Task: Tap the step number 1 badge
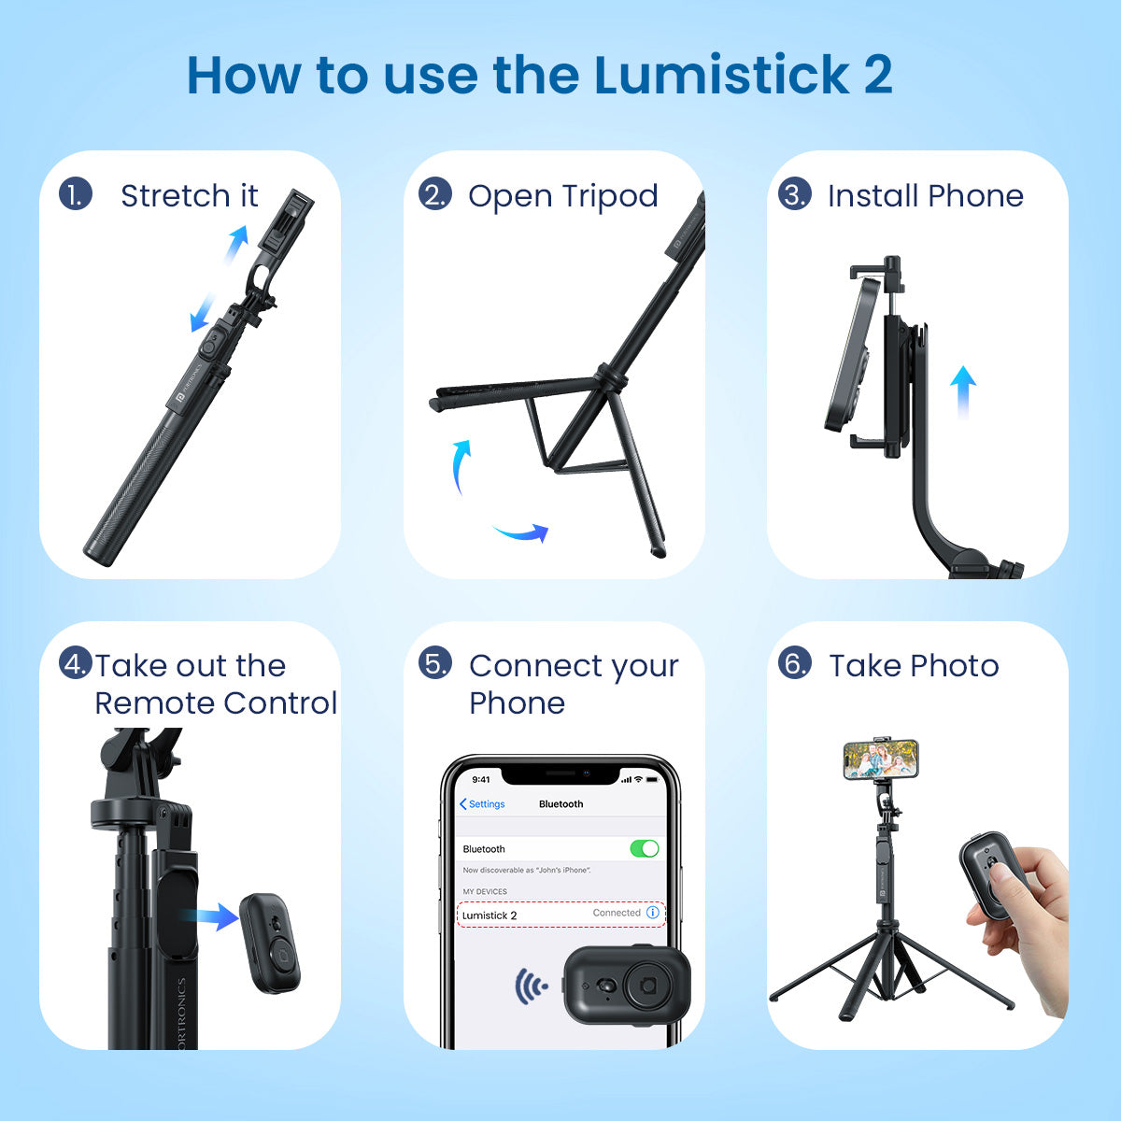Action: [75, 194]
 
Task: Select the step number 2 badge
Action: [434, 194]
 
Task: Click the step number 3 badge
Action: [794, 194]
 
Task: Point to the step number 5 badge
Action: [434, 663]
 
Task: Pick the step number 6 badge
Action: [794, 663]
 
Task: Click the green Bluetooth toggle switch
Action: [644, 848]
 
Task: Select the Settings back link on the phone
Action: [482, 804]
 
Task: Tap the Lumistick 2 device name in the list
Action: [490, 915]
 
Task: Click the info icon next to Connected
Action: [653, 913]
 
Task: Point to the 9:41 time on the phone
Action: [481, 779]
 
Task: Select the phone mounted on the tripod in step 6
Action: [880, 759]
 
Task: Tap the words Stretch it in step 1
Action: [189, 196]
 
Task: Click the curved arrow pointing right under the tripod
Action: [522, 532]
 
